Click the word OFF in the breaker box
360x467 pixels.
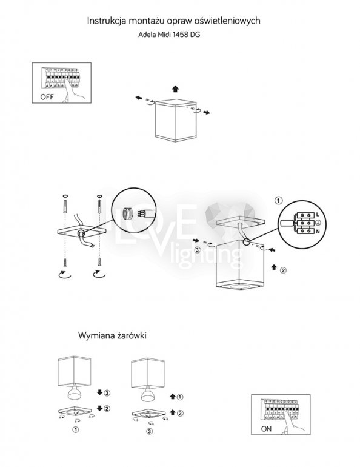pos(47,97)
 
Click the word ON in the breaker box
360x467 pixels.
pos(266,429)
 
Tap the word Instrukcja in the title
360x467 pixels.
pos(105,21)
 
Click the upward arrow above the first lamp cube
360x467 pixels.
pos(176,89)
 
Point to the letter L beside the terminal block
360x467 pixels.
pos(318,214)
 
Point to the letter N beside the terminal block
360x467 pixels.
pos(318,232)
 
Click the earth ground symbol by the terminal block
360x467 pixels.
pos(318,223)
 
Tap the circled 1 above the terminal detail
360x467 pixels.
pos(278,201)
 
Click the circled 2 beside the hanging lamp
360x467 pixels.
pos(283,270)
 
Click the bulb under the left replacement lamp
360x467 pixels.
pos(76,392)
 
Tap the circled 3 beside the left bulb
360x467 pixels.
pos(107,393)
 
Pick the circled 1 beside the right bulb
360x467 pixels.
pos(180,397)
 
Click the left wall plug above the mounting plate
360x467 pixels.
pos(65,205)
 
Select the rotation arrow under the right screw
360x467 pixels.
pos(99,274)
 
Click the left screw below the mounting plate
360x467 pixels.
pos(65,263)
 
